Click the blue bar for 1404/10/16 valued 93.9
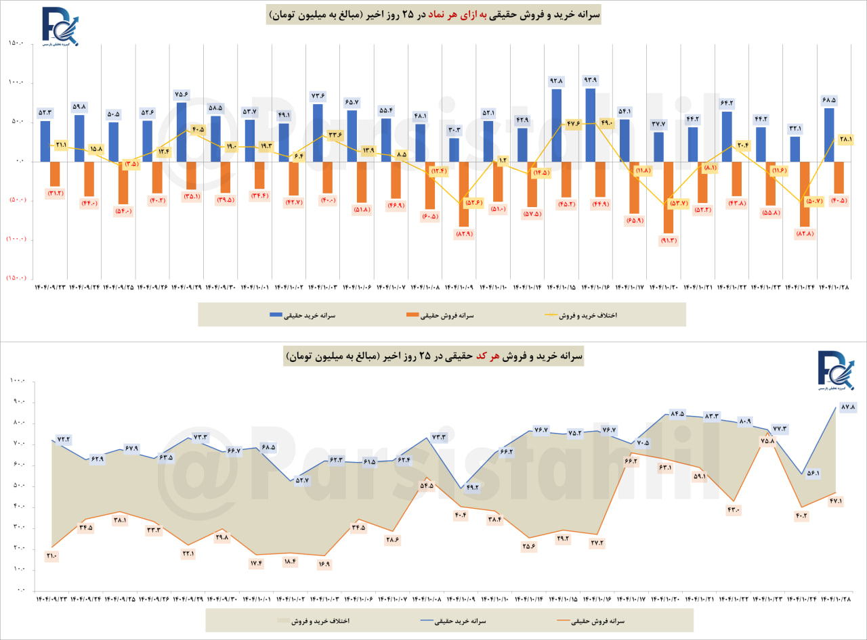pos(591,124)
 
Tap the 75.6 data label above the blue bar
pos(182,94)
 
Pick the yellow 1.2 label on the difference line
pos(503,160)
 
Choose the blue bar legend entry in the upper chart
pos(303,315)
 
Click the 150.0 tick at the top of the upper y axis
pos(16,44)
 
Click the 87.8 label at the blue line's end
pos(849,407)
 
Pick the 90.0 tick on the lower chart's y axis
pos(16,403)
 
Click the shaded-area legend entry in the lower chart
pos(317,620)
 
